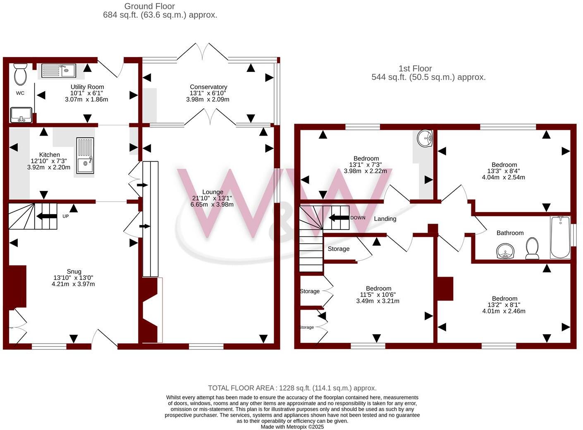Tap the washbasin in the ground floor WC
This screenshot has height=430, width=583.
point(21,115)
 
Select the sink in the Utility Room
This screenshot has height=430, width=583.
point(58,71)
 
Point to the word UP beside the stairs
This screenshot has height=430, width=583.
point(66,216)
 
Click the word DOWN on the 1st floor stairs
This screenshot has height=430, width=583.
point(358,217)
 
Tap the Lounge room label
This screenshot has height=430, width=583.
point(213,192)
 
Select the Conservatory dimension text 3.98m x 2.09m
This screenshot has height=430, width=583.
point(208,99)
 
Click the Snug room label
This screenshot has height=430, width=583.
point(74,272)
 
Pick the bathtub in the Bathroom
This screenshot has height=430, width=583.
point(560,237)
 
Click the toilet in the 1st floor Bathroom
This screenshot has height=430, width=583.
point(532,248)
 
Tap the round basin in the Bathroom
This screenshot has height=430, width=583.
point(504,251)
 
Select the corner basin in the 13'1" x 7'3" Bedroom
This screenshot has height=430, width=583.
point(425,139)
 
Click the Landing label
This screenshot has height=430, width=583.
point(385,219)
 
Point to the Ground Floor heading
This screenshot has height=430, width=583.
point(150,6)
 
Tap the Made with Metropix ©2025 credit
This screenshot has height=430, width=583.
point(292,427)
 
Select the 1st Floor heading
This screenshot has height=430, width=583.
point(415,69)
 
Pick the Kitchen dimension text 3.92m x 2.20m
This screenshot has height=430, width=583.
point(49,167)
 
